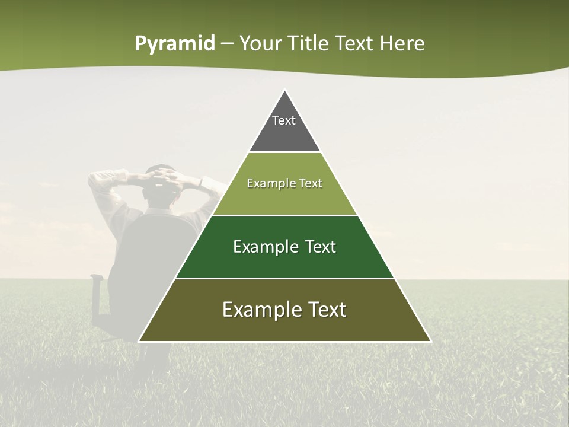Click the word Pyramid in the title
(x=174, y=44)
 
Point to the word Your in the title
(x=260, y=44)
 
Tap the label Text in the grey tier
(x=284, y=120)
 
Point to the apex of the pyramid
(x=284, y=90)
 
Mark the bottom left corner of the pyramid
(x=139, y=341)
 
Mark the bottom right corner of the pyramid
(x=430, y=341)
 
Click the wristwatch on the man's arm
(x=201, y=182)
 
